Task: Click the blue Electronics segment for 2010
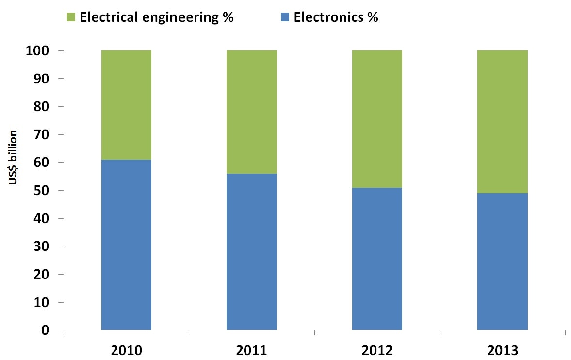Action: [x=126, y=245]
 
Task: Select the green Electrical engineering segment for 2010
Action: [x=126, y=105]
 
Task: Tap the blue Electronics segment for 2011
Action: [x=252, y=252]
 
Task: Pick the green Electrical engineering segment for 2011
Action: [x=252, y=112]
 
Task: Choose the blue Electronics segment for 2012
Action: [x=377, y=259]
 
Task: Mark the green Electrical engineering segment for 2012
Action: [x=377, y=119]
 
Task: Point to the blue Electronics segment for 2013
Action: [x=503, y=262]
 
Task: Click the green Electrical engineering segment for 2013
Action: [x=503, y=122]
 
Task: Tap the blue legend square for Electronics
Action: [x=285, y=18]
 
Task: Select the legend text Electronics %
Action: [x=336, y=18]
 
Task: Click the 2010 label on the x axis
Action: [x=126, y=350]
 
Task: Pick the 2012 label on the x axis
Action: [x=377, y=350]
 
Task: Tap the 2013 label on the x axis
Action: [x=503, y=350]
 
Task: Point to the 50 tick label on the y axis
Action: [x=42, y=191]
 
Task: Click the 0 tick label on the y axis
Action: [x=46, y=330]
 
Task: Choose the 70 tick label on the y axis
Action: [x=42, y=134]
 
